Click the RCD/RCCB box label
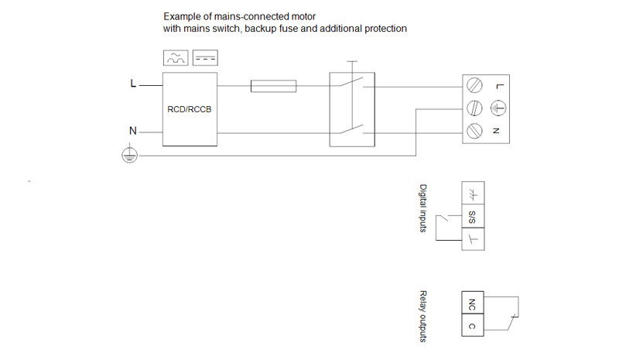pyautogui.click(x=189, y=109)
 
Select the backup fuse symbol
pyautogui.click(x=274, y=86)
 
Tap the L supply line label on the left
pyautogui.click(x=132, y=84)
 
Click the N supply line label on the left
pyautogui.click(x=132, y=132)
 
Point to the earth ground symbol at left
pyautogui.click(x=129, y=156)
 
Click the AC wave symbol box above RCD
pyautogui.click(x=175, y=58)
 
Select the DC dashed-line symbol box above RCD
pyautogui.click(x=205, y=58)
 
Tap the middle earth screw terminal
pyautogui.click(x=476, y=108)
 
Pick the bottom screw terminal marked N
pyautogui.click(x=476, y=131)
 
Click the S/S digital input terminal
pyautogui.click(x=472, y=217)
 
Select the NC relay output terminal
pyautogui.click(x=472, y=303)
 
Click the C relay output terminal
pyautogui.click(x=472, y=326)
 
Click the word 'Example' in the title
pyautogui.click(x=181, y=15)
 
